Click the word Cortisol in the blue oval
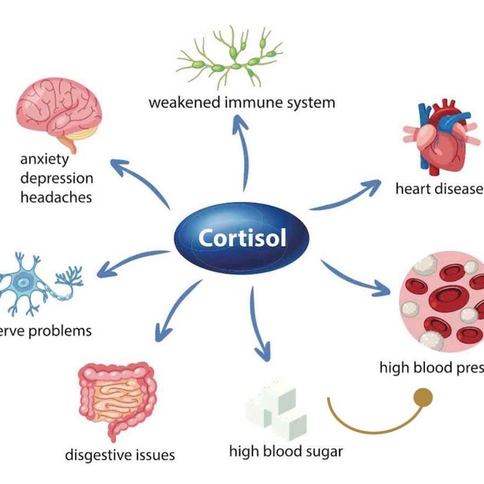[x=242, y=238]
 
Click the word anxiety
[x=44, y=159]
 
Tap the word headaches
[x=56, y=197]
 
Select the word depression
[x=57, y=178]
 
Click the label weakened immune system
[x=242, y=102]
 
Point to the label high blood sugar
[x=286, y=451]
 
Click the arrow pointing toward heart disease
[x=345, y=197]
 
